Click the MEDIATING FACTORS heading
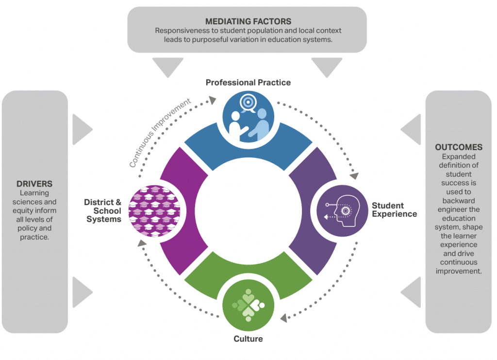coord(248,21)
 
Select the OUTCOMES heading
coord(459,147)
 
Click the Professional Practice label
coord(248,83)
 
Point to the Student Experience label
coord(394,209)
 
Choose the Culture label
coord(248,339)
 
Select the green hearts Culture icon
coord(248,305)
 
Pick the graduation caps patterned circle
coord(154,211)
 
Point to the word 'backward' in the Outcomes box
coord(459,201)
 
